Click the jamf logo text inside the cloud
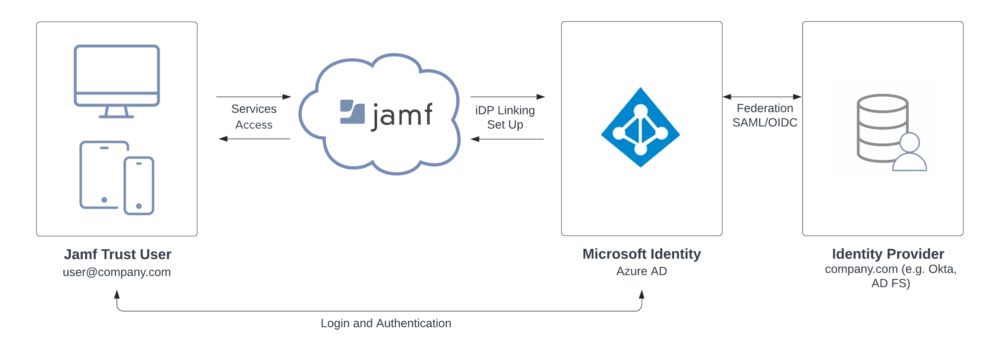pyautogui.click(x=402, y=116)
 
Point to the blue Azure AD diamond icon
pyautogui.click(x=641, y=127)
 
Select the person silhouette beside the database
pyautogui.click(x=909, y=152)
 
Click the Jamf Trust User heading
pyautogui.click(x=117, y=254)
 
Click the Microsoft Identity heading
pyautogui.click(x=642, y=254)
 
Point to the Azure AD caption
pyautogui.click(x=642, y=271)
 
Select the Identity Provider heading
pyautogui.click(x=888, y=254)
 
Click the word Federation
pyautogui.click(x=765, y=108)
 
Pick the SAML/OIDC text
pyautogui.click(x=765, y=123)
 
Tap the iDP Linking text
pyautogui.click(x=505, y=111)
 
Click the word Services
pyautogui.click(x=254, y=109)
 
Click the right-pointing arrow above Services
pyautogui.click(x=254, y=97)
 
